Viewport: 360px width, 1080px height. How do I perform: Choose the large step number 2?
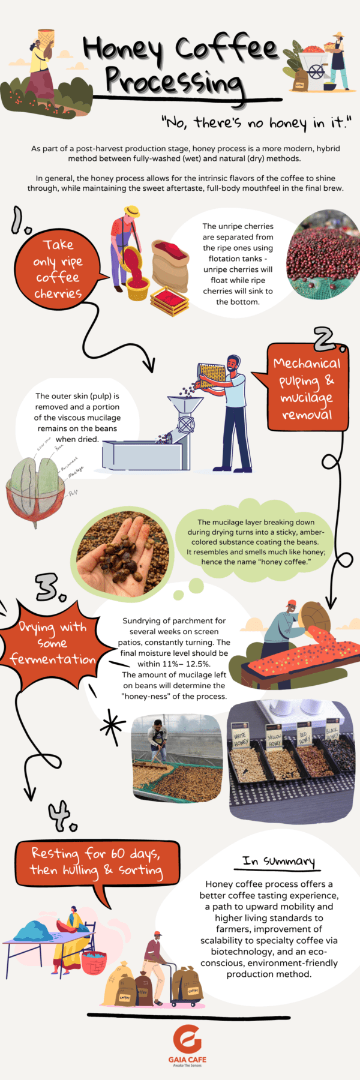[x=329, y=340]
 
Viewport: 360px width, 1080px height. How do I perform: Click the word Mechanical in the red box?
[x=306, y=364]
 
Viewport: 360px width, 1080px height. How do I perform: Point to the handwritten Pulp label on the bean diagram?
[x=73, y=492]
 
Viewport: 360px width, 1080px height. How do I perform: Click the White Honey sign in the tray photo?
[x=241, y=739]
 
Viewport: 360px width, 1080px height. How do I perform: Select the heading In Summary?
[x=278, y=862]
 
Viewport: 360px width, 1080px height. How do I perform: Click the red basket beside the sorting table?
[x=94, y=963]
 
